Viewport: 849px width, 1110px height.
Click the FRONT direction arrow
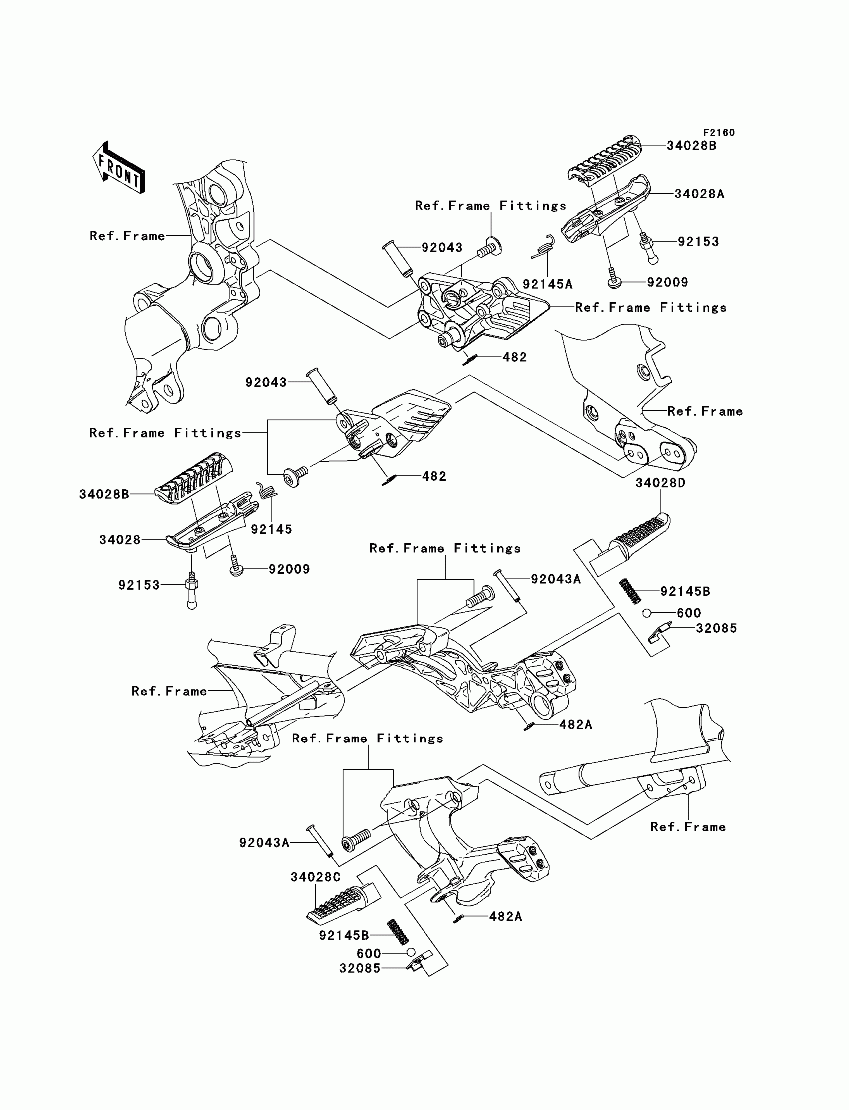click(119, 168)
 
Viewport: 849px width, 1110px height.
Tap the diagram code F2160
click(719, 133)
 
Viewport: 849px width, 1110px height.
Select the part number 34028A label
click(699, 194)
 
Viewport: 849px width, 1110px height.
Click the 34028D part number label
click(660, 483)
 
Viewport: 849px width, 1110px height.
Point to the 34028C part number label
click(315, 877)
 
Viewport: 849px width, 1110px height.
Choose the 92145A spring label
click(547, 284)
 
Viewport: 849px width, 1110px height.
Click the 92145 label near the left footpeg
click(271, 529)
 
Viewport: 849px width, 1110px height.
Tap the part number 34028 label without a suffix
click(120, 540)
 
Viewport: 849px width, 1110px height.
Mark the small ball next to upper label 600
click(646, 613)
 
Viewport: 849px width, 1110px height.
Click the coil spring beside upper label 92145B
click(630, 591)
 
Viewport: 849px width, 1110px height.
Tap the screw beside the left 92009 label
click(236, 566)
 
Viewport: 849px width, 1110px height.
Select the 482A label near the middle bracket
click(576, 724)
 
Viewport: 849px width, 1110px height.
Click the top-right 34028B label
click(691, 146)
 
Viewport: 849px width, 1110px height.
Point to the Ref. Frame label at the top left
click(127, 236)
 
